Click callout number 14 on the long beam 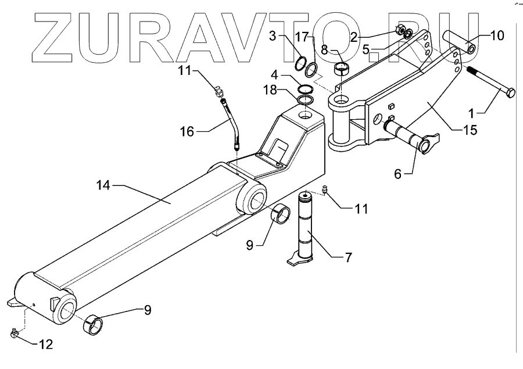pos(103,185)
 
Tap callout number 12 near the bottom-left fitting pos(46,345)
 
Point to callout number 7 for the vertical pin pos(348,257)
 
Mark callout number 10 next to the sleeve pos(497,35)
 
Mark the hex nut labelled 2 pos(401,30)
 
